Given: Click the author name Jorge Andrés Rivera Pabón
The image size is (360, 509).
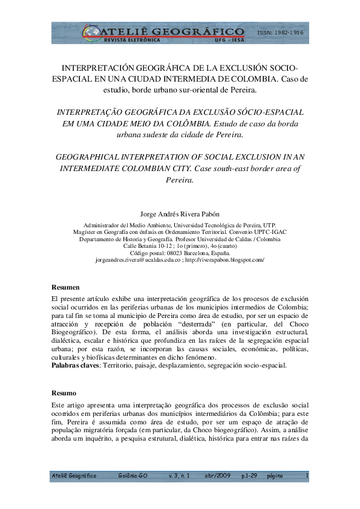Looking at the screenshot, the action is [x=180, y=213].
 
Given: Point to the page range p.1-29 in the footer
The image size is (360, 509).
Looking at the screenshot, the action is [x=249, y=476].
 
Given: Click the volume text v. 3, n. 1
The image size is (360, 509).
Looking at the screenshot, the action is [x=178, y=476].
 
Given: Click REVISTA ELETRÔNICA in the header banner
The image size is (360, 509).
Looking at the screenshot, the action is [x=114, y=39].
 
